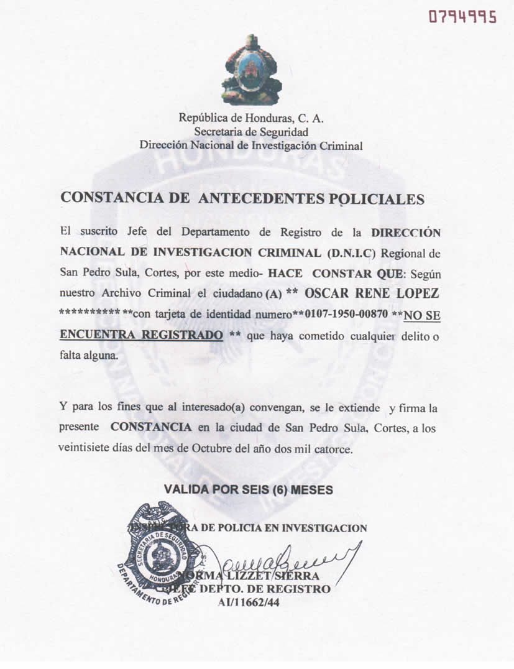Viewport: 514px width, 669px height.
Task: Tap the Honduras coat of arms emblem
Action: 251,70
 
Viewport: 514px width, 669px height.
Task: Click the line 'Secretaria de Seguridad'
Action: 251,131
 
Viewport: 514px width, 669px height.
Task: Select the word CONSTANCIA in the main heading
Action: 114,198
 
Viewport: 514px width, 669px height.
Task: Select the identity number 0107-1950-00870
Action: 346,315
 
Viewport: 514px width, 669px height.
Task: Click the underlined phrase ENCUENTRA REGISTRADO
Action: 141,335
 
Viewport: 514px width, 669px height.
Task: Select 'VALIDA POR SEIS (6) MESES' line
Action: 249,490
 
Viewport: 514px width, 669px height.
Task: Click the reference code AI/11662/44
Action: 250,601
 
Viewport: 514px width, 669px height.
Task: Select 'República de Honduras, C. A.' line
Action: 251,118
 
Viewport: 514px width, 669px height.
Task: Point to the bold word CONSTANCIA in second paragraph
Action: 150,428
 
